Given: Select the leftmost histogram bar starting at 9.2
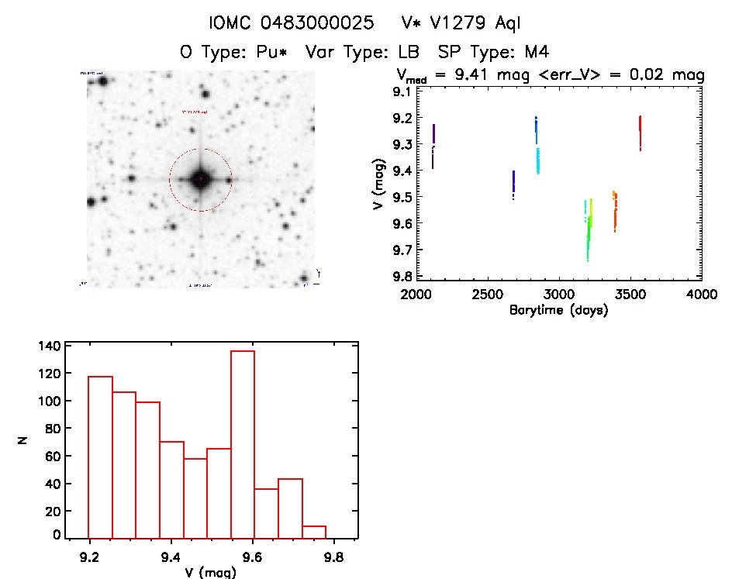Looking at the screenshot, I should pyautogui.click(x=101, y=457).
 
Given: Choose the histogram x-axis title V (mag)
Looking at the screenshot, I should pyautogui.click(x=212, y=573).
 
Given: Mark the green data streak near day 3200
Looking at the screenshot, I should pyautogui.click(x=589, y=233).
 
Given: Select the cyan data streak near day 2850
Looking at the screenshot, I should pyautogui.click(x=537, y=160).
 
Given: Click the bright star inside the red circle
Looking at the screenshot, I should pyautogui.click(x=200, y=179).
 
